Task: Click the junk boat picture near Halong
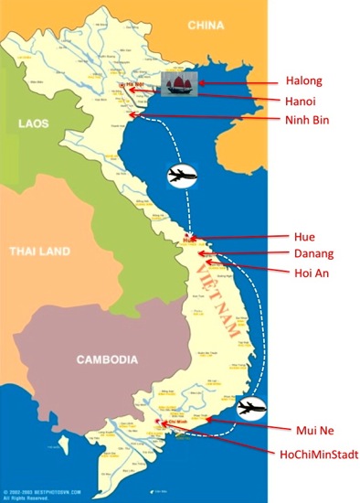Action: click(x=178, y=84)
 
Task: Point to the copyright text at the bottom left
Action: click(x=38, y=494)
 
